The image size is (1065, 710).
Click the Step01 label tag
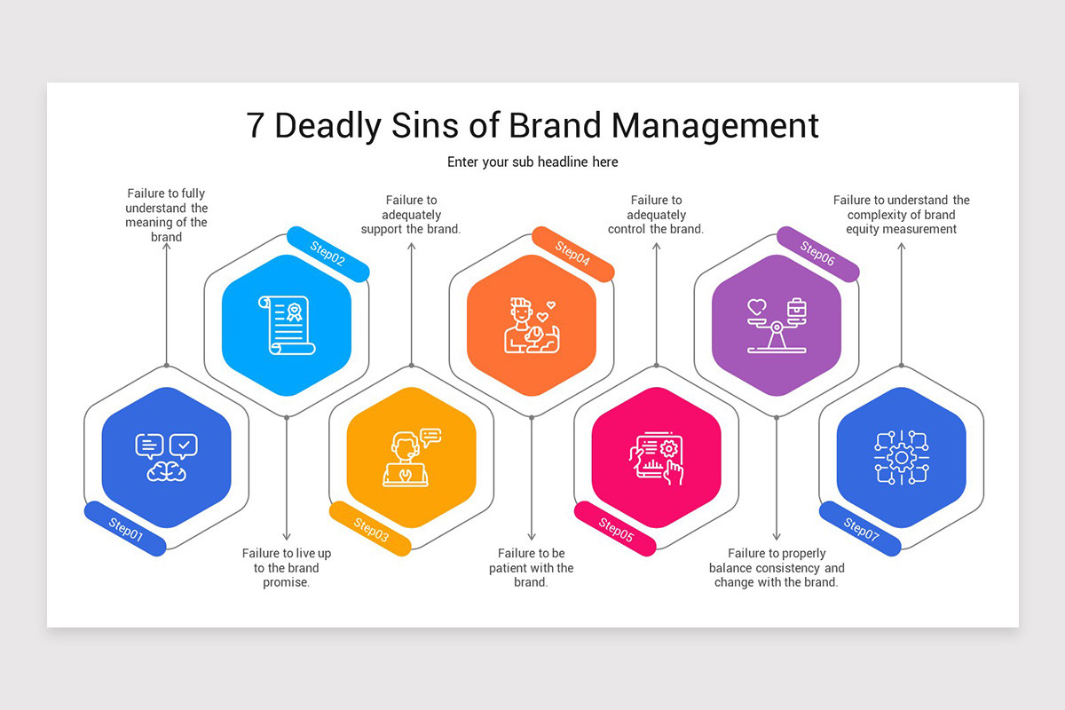click(125, 529)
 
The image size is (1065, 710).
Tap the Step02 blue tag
click(328, 254)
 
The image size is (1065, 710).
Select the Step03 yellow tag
click(370, 529)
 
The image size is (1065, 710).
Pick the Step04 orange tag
click(573, 254)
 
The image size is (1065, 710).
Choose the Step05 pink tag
click(615, 529)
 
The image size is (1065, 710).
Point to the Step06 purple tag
click(817, 254)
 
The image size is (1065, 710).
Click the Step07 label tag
click(860, 529)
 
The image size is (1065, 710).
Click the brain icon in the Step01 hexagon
click(167, 471)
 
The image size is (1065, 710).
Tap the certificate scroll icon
click(287, 326)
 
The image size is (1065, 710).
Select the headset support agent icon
click(412, 457)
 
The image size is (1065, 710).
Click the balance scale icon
click(777, 326)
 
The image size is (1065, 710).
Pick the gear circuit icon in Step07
click(902, 457)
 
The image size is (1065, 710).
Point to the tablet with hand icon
click(657, 458)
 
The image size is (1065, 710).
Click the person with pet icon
click(532, 326)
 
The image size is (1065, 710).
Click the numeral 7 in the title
click(255, 125)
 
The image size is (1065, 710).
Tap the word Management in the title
click(714, 125)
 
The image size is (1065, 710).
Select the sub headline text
click(532, 162)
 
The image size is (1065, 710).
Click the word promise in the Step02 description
click(286, 582)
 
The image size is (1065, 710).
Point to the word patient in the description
click(507, 568)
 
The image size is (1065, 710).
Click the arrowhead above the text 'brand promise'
click(287, 537)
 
